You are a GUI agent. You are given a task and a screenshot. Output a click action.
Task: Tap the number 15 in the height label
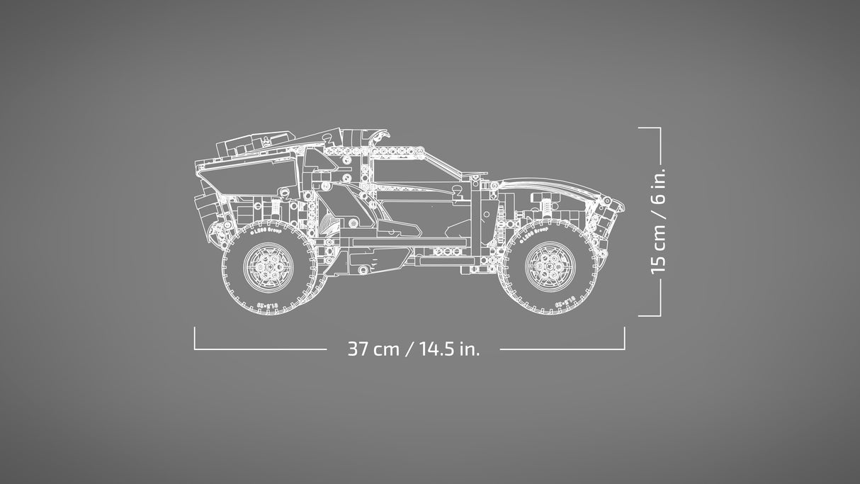658,261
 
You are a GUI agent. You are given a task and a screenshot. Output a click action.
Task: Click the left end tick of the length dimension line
195,338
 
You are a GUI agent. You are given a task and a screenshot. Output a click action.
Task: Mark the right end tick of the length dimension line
624,338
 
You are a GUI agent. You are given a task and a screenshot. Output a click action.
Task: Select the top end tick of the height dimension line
649,128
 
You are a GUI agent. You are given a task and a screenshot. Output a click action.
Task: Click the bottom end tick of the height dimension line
649,316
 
